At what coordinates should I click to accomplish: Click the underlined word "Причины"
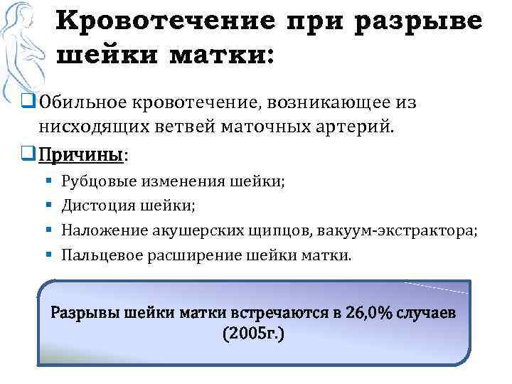click(81, 154)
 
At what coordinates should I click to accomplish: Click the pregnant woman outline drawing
click(28, 50)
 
